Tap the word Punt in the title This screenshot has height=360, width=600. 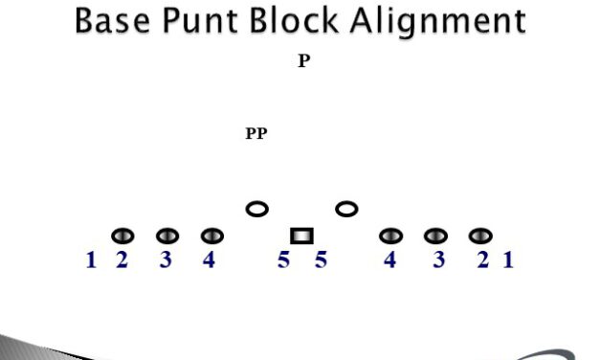(x=205, y=21)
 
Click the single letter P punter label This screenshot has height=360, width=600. (x=303, y=61)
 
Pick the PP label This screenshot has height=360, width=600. (x=256, y=134)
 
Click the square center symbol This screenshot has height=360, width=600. (x=301, y=236)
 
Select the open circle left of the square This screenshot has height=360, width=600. (x=256, y=209)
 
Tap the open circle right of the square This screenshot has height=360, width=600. (x=346, y=209)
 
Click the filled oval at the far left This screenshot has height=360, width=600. (x=122, y=236)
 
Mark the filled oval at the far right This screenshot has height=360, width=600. (x=480, y=236)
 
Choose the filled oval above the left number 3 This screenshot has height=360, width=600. (x=167, y=236)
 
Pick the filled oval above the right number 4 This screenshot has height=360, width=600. (x=391, y=236)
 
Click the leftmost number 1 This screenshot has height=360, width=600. (x=91, y=259)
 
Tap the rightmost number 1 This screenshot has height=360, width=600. (x=508, y=259)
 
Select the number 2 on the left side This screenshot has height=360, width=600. (x=122, y=259)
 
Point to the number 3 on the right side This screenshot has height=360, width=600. (x=438, y=259)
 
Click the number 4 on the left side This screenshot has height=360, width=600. (x=209, y=259)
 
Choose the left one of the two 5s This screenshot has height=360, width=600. (x=283, y=259)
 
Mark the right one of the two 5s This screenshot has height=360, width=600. (x=321, y=259)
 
